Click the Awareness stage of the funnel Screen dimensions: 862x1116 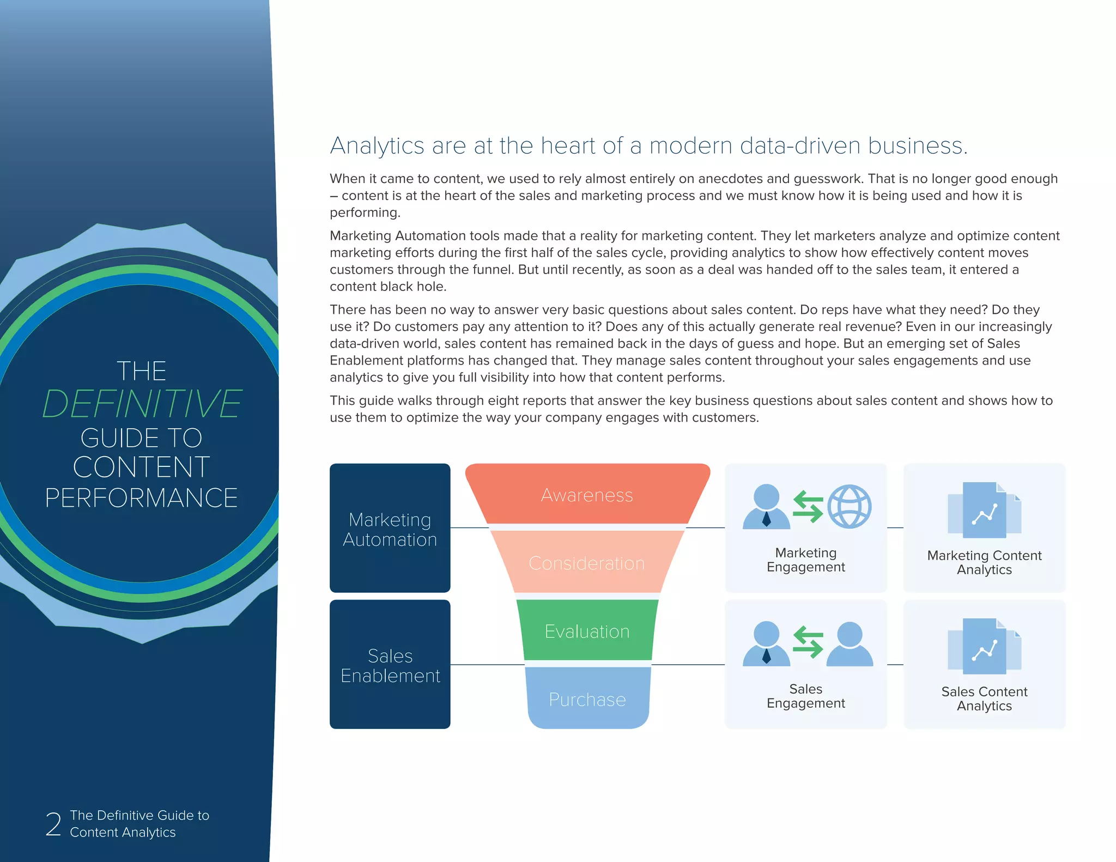[x=587, y=495]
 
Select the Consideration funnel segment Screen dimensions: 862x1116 [x=587, y=563]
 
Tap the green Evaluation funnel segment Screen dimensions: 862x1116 [x=587, y=631]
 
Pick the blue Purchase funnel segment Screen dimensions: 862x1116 [x=587, y=699]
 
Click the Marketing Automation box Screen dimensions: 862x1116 [x=390, y=529]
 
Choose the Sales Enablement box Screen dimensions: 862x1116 [x=390, y=665]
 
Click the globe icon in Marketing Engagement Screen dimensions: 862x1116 [x=849, y=506]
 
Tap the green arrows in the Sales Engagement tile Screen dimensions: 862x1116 [x=808, y=642]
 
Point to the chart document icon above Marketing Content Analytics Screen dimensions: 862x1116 [x=984, y=511]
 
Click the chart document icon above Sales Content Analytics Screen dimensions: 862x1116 [x=984, y=647]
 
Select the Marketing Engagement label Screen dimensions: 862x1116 [x=805, y=560]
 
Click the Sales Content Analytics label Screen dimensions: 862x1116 [x=984, y=699]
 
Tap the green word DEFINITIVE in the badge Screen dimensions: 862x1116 [x=142, y=404]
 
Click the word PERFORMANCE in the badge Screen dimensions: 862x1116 [x=142, y=498]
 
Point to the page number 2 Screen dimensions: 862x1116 [x=53, y=824]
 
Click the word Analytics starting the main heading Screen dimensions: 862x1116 [x=377, y=146]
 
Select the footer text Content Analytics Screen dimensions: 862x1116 [x=123, y=833]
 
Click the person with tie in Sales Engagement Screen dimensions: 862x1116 [x=766, y=644]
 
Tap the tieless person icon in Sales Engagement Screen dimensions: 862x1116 [x=849, y=644]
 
